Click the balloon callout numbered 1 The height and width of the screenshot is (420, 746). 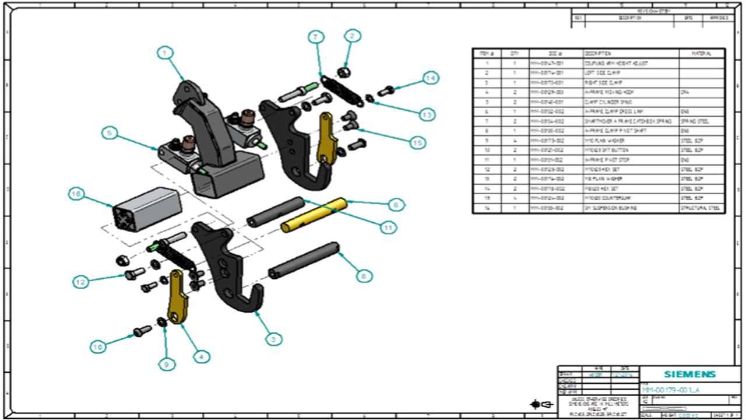tap(166, 53)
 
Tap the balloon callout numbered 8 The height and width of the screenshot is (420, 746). tap(363, 276)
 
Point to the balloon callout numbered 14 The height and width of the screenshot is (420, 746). tap(430, 78)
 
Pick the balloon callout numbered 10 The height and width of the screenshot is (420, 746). tap(98, 346)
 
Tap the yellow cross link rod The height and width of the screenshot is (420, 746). tap(314, 215)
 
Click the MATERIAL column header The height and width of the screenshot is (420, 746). tap(701, 53)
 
